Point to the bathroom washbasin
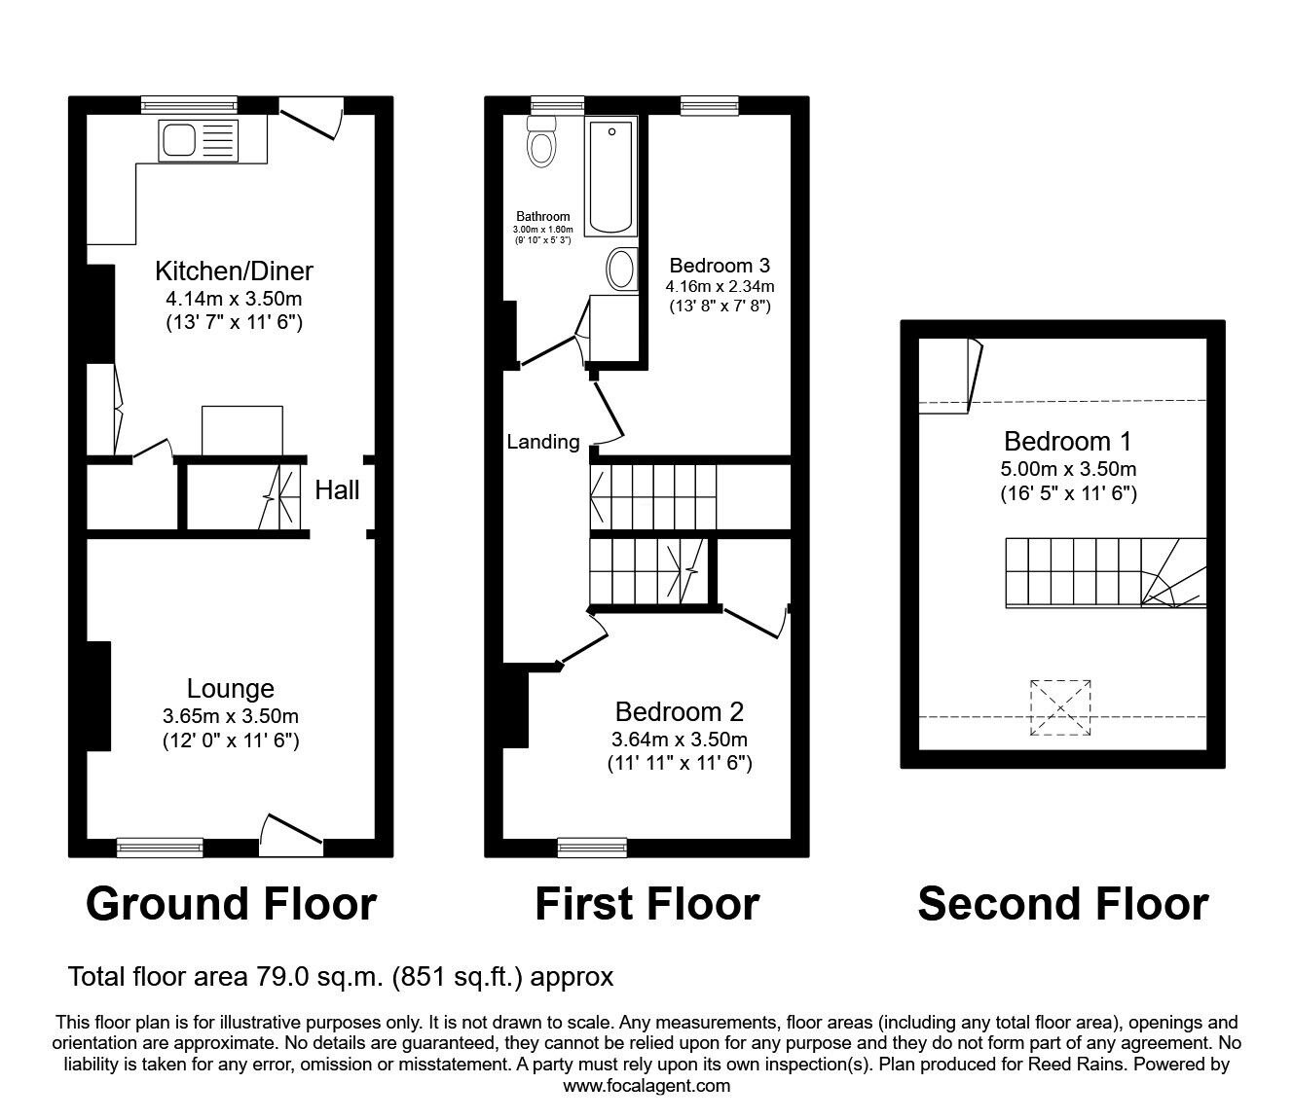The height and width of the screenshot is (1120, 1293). point(622,270)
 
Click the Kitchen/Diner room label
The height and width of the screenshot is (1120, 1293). point(234,271)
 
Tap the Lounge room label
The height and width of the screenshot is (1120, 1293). point(230,689)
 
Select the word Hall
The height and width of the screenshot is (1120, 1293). point(337,490)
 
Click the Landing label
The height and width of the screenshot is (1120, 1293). point(543,442)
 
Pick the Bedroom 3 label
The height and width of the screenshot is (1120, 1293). point(720,266)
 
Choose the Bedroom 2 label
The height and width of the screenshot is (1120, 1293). point(680,711)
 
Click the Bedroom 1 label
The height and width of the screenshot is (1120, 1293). point(1068,442)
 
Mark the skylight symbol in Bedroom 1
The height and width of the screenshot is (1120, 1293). point(1060,707)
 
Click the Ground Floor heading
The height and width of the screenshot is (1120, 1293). point(231,904)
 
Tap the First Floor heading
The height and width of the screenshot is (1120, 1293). point(646,904)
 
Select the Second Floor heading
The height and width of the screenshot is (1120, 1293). point(1063,904)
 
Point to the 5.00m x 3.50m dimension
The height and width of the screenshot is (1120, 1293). point(1068,469)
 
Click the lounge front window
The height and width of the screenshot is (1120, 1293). point(160,848)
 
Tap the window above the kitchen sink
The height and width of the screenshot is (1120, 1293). point(189,105)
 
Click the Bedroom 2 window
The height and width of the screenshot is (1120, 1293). point(592,848)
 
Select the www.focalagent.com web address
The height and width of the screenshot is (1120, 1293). point(646,1086)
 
